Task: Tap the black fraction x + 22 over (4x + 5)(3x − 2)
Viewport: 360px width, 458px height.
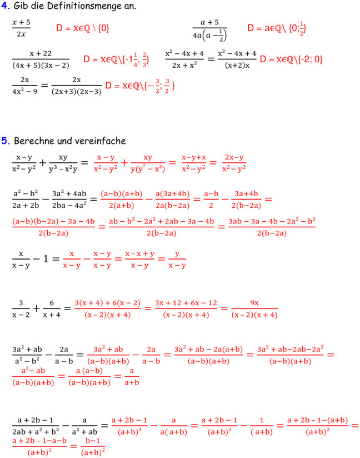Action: [41, 59]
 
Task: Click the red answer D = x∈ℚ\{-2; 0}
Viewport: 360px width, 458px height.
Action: [291, 59]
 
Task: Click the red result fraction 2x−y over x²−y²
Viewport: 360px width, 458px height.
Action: [234, 162]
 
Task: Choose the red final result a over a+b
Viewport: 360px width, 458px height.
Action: [131, 376]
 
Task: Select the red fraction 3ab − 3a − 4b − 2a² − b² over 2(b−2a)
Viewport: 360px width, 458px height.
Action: [272, 226]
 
